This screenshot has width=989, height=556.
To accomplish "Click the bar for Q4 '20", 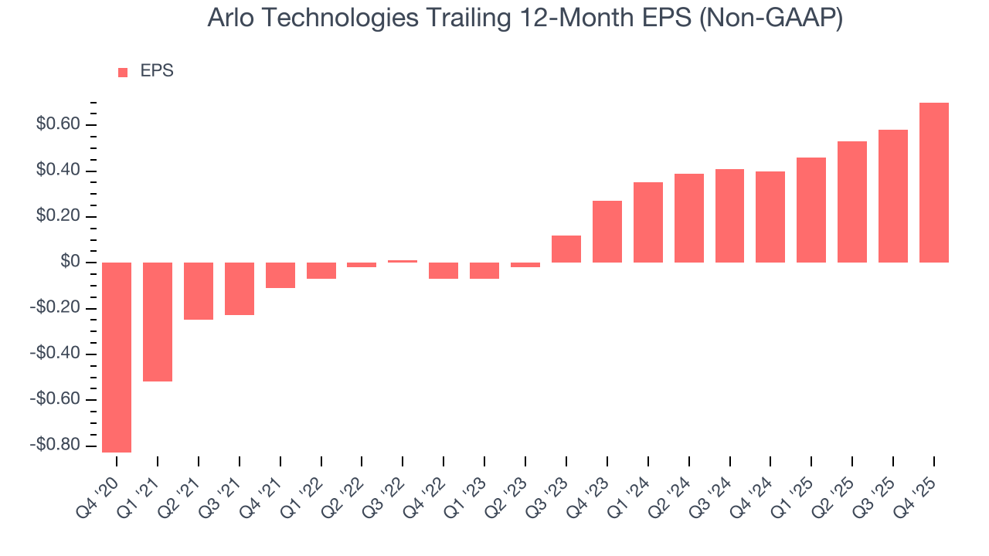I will (117, 357).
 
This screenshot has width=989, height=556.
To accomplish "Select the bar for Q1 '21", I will (158, 321).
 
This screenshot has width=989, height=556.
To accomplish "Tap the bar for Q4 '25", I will (934, 182).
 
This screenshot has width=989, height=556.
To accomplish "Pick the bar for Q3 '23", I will (566, 249).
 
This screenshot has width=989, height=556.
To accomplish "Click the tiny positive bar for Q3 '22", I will (403, 261).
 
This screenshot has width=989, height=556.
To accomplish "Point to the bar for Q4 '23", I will (607, 232).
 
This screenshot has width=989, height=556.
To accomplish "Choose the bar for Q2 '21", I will (199, 291).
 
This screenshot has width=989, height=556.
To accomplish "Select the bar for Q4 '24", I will (770, 217).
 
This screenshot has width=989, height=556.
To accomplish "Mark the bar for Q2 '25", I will (852, 202).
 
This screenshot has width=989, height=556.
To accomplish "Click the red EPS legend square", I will (123, 73).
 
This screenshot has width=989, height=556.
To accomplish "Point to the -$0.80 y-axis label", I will (55, 446).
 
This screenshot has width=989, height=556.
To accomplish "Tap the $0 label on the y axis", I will (71, 263).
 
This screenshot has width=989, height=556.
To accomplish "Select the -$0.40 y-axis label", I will (55, 354).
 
